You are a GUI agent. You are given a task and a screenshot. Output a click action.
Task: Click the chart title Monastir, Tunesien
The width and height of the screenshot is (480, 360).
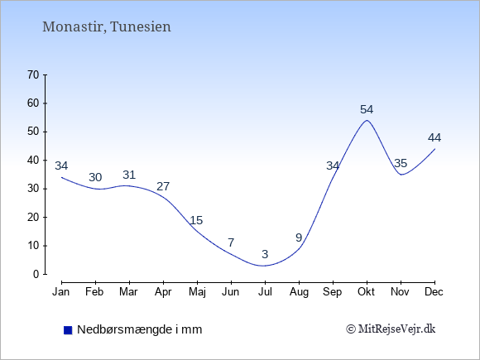(107, 26)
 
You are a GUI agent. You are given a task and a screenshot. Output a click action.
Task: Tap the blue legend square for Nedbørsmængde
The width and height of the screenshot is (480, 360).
(68, 330)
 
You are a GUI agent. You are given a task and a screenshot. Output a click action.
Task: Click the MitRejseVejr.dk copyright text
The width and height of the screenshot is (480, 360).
(391, 329)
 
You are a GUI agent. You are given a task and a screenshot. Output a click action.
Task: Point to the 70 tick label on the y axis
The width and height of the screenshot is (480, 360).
(33, 74)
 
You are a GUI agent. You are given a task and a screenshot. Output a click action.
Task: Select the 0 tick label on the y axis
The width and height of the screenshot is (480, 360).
(36, 274)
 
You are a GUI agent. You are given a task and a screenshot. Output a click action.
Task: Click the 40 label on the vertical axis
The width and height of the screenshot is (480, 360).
(33, 160)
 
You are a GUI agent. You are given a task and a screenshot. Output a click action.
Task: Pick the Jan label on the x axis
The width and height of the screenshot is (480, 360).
(61, 292)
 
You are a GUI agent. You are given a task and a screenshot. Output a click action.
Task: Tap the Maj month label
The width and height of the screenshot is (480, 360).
(197, 292)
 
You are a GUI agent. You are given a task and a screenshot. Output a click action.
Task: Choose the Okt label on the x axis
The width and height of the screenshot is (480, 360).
(366, 292)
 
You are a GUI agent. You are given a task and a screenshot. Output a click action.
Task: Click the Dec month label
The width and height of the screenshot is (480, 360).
(434, 292)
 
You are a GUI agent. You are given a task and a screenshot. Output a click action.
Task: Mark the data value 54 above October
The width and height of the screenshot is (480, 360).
(367, 109)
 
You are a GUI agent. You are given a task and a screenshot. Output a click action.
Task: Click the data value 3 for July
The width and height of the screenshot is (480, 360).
(265, 254)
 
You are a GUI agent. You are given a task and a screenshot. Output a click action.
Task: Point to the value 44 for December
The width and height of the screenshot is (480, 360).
(434, 137)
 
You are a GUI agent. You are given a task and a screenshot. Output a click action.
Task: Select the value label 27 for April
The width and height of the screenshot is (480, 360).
(163, 186)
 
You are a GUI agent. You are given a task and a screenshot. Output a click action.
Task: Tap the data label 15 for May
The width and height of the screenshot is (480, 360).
(196, 220)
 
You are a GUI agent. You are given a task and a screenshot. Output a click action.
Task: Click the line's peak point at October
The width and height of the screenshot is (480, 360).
(367, 120)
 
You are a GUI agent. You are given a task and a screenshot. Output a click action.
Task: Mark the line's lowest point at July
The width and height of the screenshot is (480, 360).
(264, 266)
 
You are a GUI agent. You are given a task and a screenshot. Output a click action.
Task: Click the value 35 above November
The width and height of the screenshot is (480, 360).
(401, 164)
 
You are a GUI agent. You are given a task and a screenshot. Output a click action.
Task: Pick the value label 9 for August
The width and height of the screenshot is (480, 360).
(299, 238)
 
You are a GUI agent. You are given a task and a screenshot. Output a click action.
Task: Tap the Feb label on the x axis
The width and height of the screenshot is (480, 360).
(94, 292)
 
